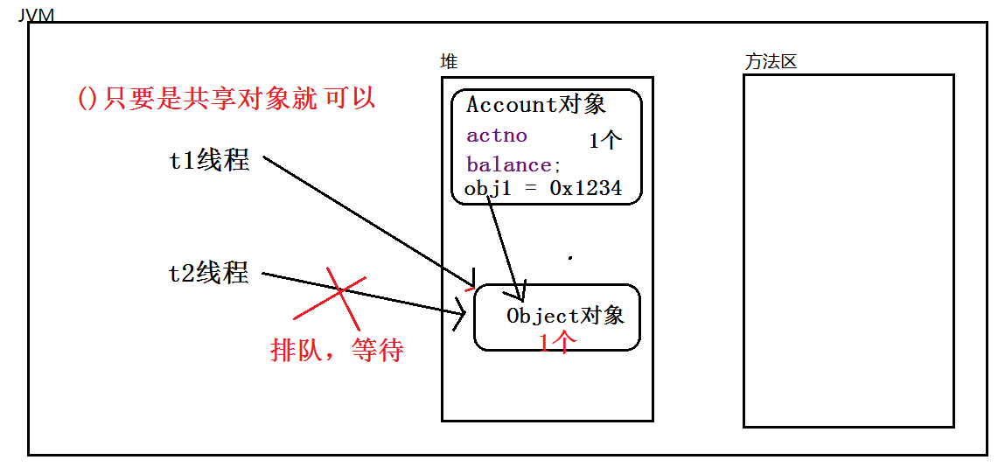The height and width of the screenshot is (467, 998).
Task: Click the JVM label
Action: point(36,15)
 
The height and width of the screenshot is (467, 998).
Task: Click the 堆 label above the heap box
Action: point(449,62)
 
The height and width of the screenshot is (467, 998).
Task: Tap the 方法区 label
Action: point(771,62)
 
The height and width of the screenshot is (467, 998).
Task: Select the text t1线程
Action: point(209,161)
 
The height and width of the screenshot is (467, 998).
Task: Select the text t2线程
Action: point(209,274)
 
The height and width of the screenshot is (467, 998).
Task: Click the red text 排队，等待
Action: point(338,351)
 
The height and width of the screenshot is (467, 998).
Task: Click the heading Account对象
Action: point(536,105)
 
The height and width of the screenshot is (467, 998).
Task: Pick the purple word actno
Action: point(497,136)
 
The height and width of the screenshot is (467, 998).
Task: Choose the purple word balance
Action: point(509,164)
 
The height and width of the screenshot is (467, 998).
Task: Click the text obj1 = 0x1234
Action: point(543,188)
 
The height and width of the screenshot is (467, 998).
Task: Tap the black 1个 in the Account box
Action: point(605,141)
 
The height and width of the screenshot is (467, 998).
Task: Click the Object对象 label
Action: point(565,316)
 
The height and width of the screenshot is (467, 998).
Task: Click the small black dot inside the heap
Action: point(570,258)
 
